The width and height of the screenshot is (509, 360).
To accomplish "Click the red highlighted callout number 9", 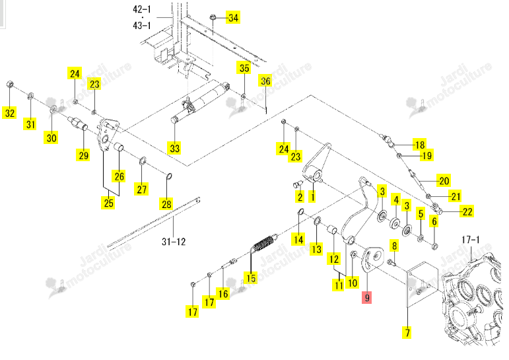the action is coord(367,297).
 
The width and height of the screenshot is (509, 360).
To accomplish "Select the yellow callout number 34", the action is coord(234,18).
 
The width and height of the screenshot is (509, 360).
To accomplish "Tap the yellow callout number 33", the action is coord(175,148).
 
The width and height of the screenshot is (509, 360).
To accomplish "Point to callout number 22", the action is coord(467,211).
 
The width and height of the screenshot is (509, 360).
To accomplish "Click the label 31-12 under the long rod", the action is coord(174,241).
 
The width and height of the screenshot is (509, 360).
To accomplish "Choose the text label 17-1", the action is coord(470,240).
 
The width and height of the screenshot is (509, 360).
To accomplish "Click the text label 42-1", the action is coord(142,9).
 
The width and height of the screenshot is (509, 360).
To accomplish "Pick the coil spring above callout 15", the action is coord(264,243).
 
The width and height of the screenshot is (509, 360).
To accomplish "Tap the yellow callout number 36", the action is coord(265,81).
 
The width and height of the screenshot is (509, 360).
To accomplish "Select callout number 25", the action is coord(108,203).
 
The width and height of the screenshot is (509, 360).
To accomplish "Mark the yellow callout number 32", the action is coord(10,113).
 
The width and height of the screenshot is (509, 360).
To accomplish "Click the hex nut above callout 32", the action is coord(10,85).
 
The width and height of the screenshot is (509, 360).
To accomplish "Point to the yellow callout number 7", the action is coord(407,332).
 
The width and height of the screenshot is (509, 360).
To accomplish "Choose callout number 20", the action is coord(444,180).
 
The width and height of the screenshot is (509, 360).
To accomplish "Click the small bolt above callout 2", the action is coord(298,185).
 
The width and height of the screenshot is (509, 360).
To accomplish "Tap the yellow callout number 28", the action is coord(166,204).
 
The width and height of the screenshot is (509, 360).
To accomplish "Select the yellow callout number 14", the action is coord(298,240).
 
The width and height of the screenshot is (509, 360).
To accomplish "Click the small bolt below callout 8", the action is coord(391,262).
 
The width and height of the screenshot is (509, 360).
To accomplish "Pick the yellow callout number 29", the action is coord(84,155).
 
